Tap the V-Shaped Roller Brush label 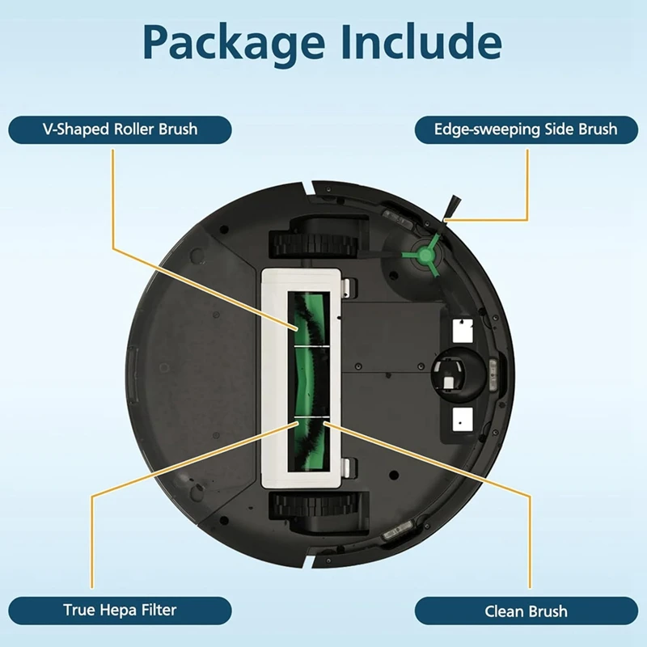tap(120, 129)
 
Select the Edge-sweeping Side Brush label tap(526, 129)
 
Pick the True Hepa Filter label tap(120, 610)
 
